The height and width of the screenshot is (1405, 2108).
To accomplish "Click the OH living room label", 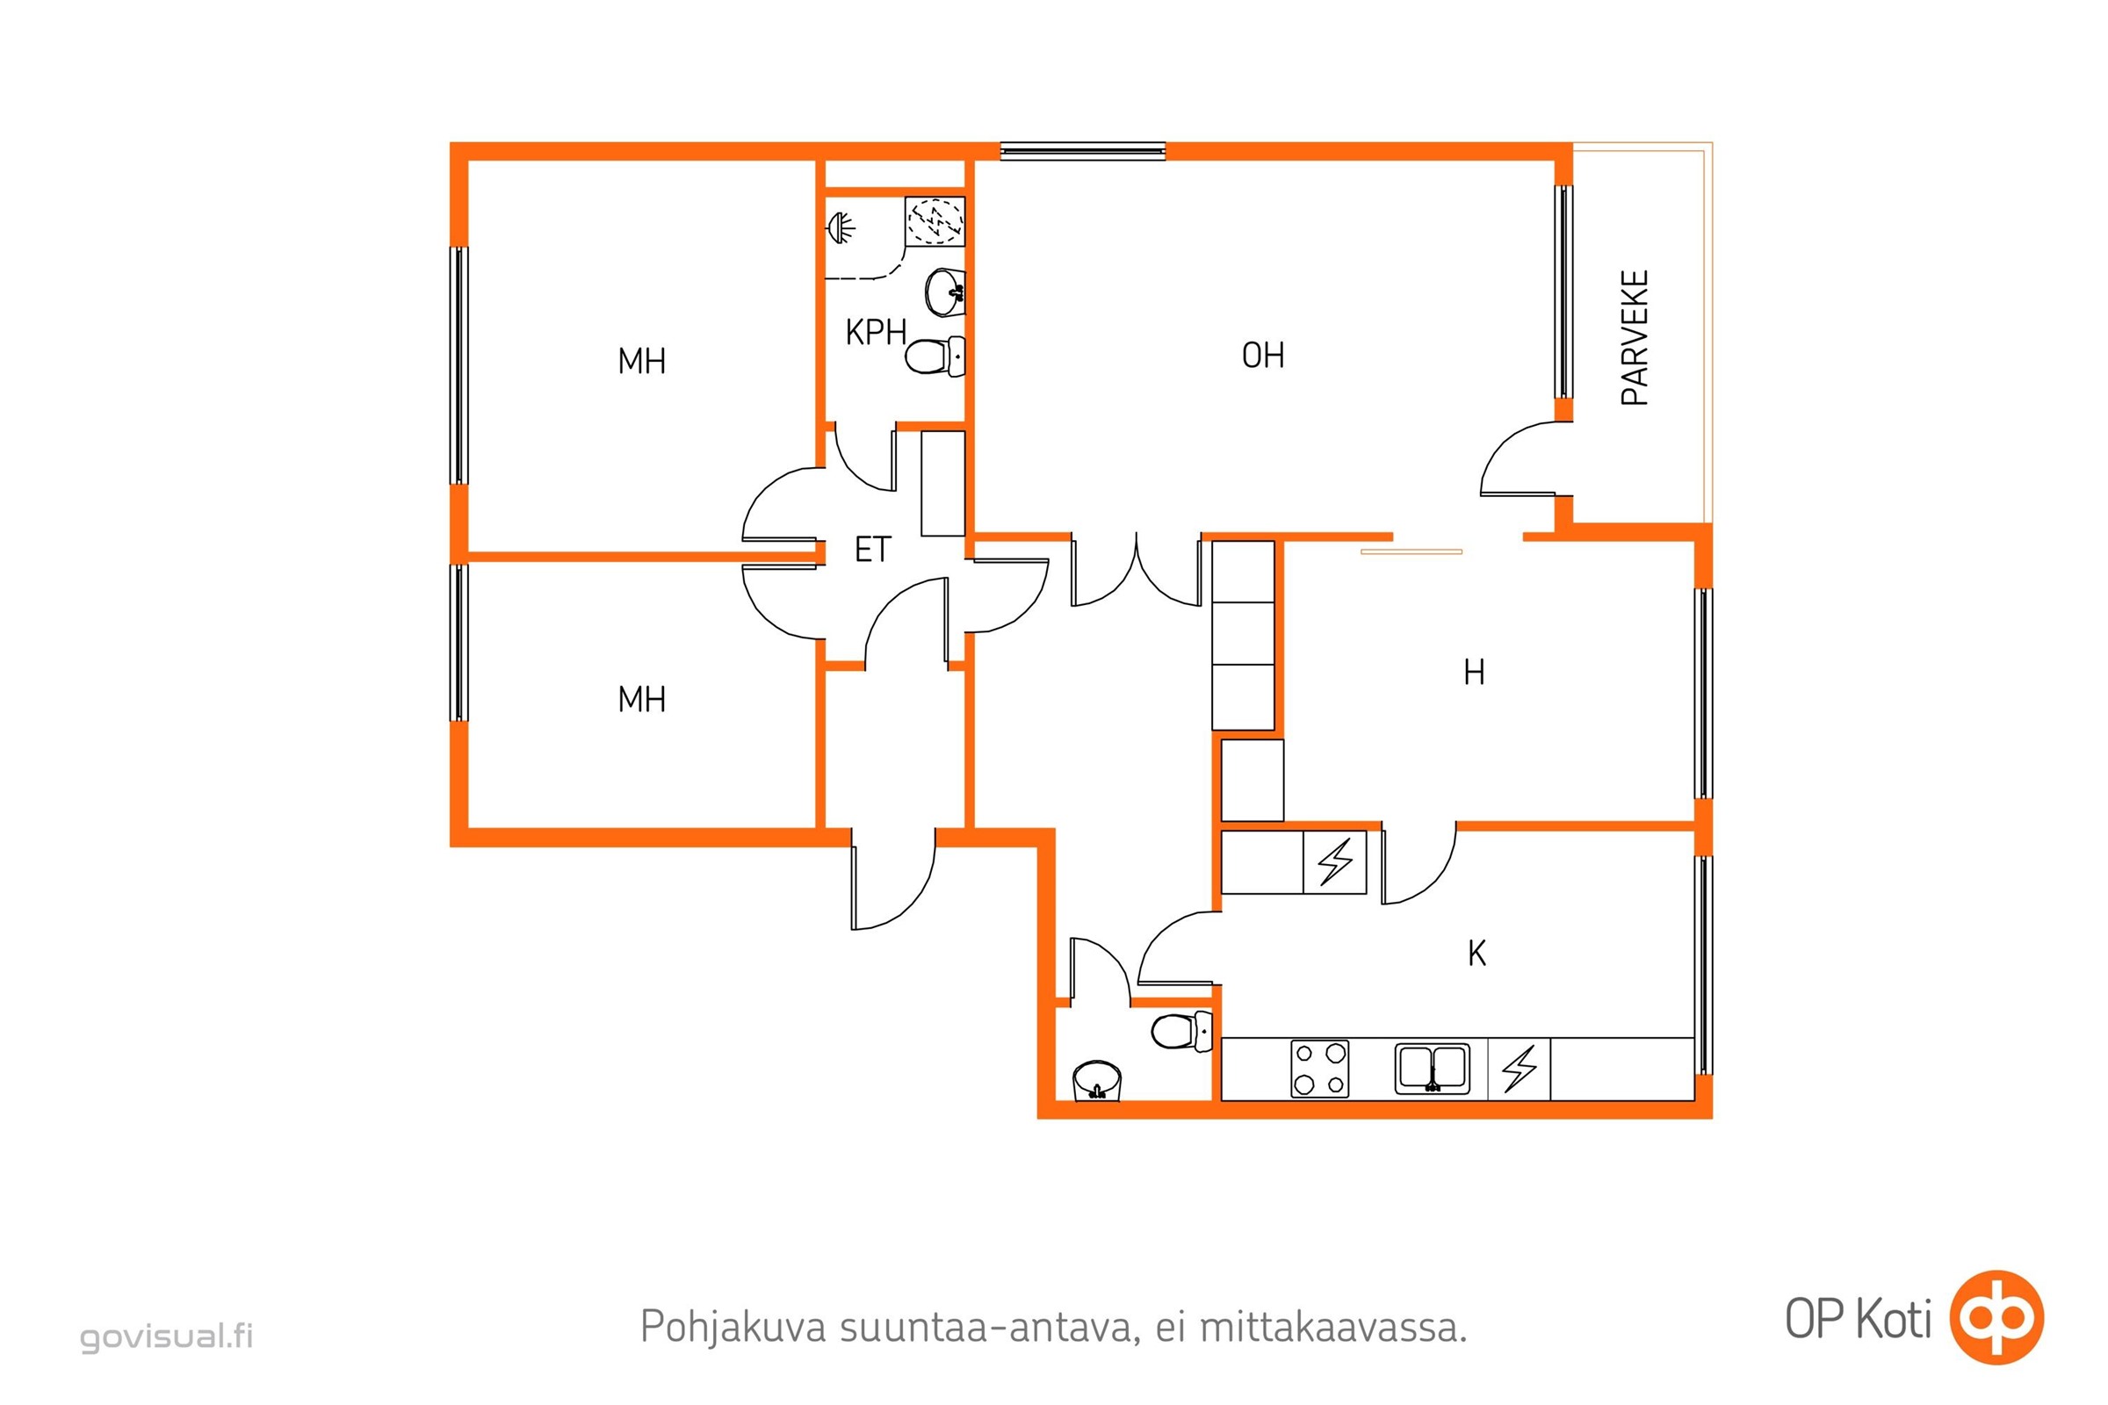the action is pos(1263,356).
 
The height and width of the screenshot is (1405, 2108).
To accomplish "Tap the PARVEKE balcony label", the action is pos(1635,338).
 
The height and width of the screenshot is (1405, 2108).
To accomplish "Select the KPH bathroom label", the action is pos(876,333).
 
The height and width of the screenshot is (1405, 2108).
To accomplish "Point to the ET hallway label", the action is pos(873,550).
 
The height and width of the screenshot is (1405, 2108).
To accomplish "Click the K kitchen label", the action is pos(1477,954).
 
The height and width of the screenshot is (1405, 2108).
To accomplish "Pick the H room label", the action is pos(1475,672).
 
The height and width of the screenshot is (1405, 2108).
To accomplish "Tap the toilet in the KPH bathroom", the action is pos(935,357).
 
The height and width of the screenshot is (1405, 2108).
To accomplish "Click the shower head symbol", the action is pos(840,227).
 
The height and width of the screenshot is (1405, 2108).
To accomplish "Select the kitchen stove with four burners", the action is pos(1320,1069).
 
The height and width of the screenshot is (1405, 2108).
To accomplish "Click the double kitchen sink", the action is pos(1433,1069).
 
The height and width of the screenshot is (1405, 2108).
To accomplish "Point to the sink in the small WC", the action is pos(1097,1081).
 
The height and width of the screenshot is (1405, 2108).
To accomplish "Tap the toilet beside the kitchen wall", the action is pos(1181,1031).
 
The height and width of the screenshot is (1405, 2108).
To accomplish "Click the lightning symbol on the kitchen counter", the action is pos(1520,1069).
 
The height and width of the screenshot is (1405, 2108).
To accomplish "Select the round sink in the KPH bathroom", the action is pos(945,292).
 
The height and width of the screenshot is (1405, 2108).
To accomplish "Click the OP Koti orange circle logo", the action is pos(1996,1317).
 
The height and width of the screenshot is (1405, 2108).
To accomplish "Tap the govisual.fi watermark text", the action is pos(167,1336).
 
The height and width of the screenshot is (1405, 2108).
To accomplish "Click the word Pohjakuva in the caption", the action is pos(733,1327).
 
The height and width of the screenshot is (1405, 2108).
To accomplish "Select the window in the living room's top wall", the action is pos(1083,150).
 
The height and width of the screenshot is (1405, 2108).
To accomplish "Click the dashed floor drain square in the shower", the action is pos(935,220).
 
